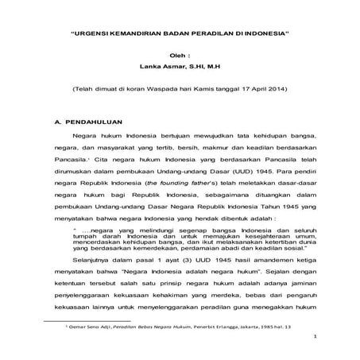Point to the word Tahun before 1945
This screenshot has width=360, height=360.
click(261, 215)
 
